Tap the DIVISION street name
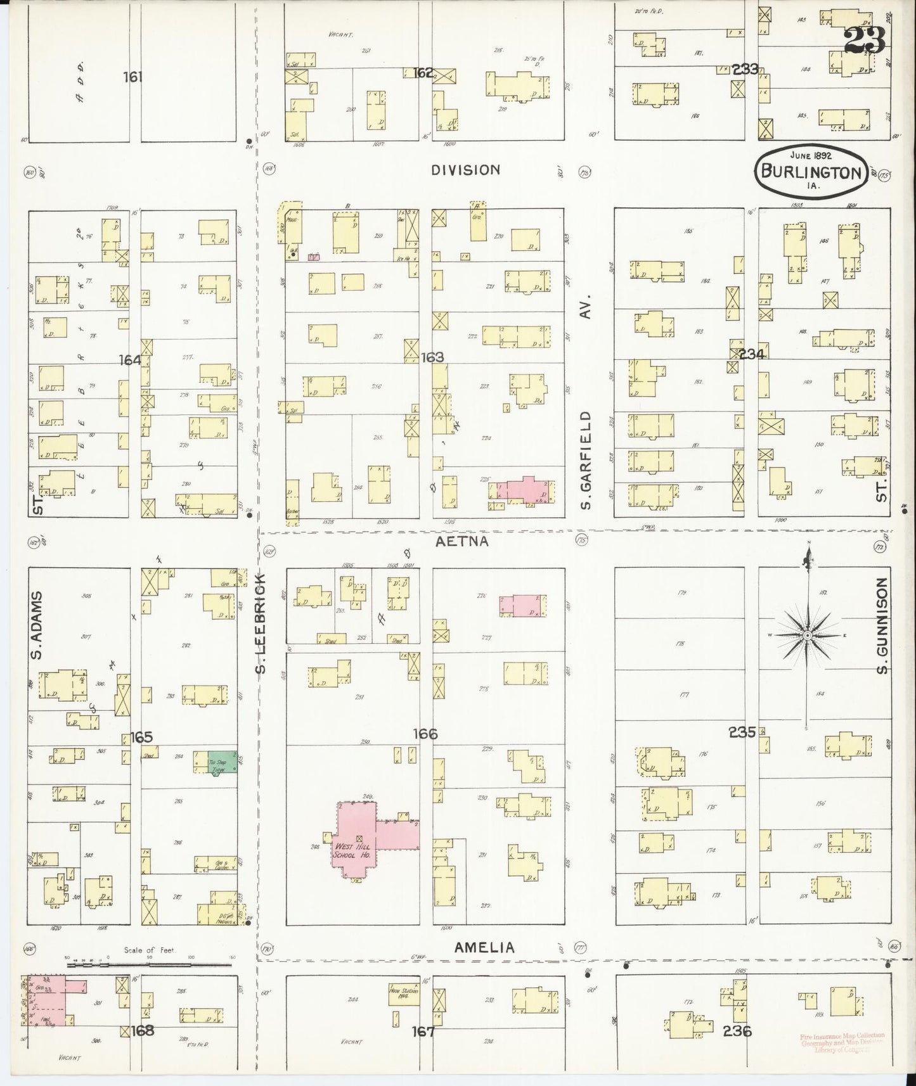[466, 170]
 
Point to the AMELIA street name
[484, 947]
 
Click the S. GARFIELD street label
[586, 459]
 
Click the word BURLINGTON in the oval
[811, 172]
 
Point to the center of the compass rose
[808, 635]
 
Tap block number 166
[425, 734]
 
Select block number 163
[432, 357]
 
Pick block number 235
[742, 732]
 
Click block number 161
[133, 77]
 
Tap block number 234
[751, 354]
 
